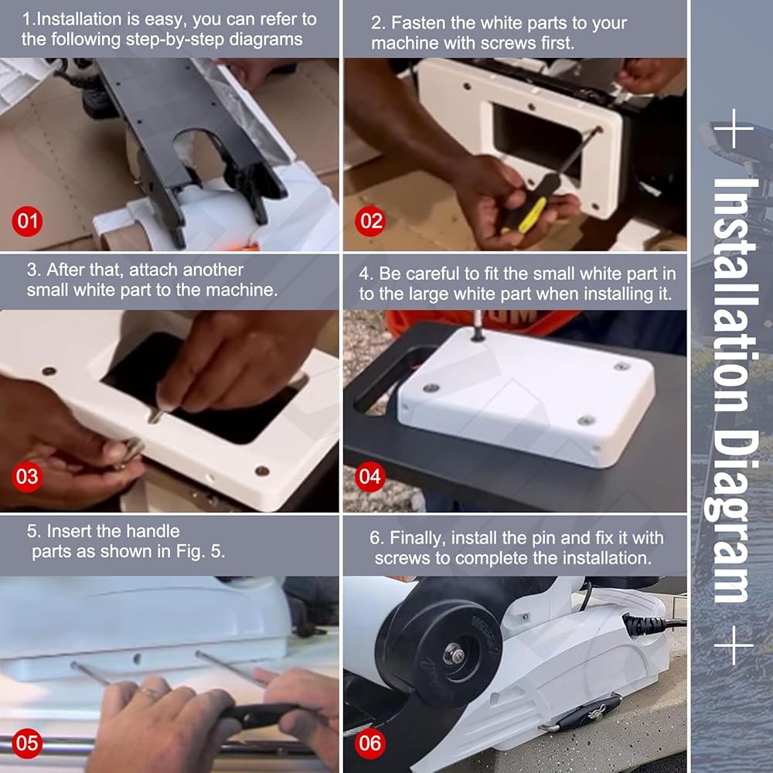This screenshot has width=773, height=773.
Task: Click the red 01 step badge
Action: [x=27, y=221]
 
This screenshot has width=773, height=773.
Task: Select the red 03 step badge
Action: [x=27, y=476]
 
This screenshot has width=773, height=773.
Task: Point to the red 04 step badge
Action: [x=370, y=476]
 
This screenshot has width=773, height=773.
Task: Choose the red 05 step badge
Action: [x=27, y=743]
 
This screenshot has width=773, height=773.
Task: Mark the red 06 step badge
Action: [x=370, y=743]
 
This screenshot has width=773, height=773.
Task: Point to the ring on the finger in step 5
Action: [x=151, y=693]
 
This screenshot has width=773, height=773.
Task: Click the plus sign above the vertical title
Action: [x=734, y=128]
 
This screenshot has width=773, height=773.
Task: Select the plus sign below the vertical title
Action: [x=734, y=645]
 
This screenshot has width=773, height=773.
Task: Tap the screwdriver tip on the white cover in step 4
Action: [x=477, y=336]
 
